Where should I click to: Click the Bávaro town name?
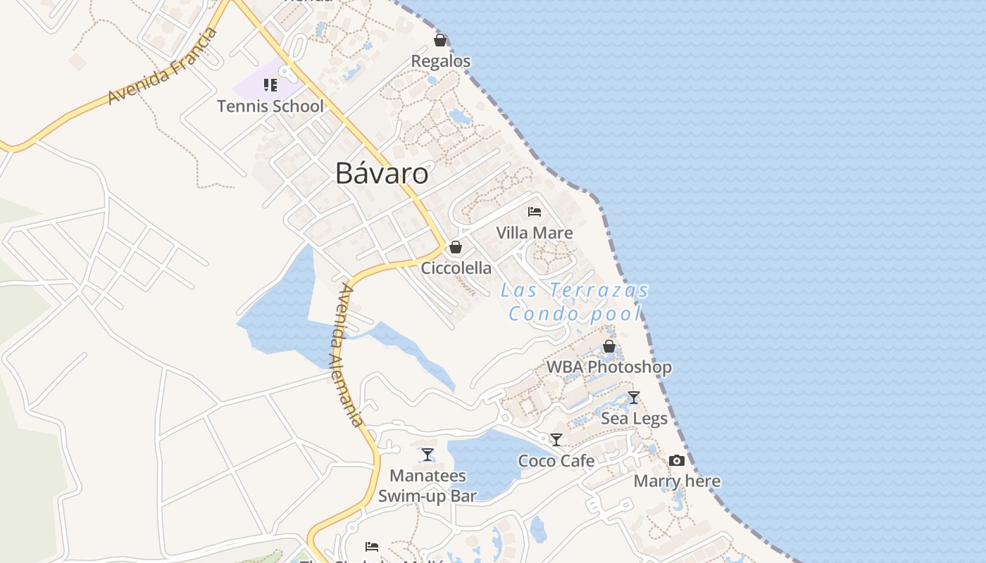click(x=382, y=173)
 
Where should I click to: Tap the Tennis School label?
click(x=270, y=106)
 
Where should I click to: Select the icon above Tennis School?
click(x=270, y=85)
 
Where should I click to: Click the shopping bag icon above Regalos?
click(x=440, y=40)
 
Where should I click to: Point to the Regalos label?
click(x=441, y=61)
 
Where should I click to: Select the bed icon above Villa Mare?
click(x=535, y=211)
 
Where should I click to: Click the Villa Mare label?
click(x=535, y=232)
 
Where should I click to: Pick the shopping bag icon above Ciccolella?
click(x=456, y=247)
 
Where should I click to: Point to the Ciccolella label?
click(x=456, y=268)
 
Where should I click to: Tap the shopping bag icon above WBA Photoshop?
click(x=609, y=346)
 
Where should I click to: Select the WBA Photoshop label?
click(x=609, y=367)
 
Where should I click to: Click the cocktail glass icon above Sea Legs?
click(x=634, y=398)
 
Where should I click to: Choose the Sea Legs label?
click(x=634, y=419)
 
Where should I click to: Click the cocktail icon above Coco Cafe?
click(x=556, y=440)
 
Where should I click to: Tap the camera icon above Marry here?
click(x=677, y=460)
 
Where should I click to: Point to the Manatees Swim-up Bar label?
click(x=428, y=486)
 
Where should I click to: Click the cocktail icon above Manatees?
click(x=428, y=455)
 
